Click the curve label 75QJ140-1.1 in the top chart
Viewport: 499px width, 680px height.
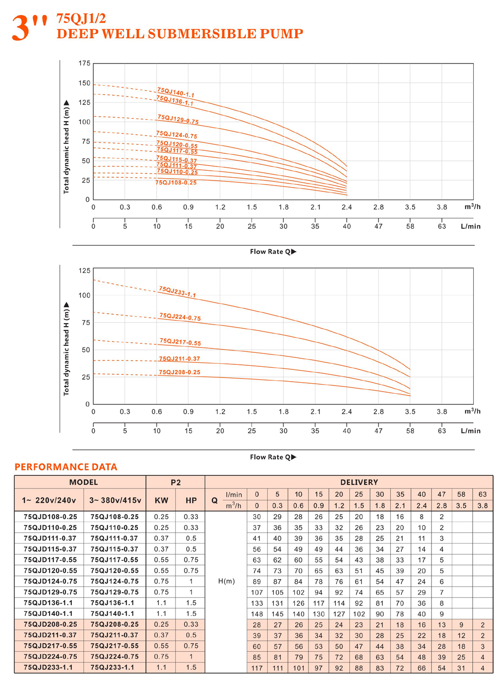click(x=176, y=93)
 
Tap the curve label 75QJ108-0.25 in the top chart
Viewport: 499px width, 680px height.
click(x=176, y=183)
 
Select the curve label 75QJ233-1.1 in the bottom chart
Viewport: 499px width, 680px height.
click(x=177, y=292)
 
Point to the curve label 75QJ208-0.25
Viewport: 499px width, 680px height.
click(x=180, y=372)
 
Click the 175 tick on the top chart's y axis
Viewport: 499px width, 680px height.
click(x=84, y=64)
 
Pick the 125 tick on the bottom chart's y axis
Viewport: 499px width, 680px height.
click(x=84, y=271)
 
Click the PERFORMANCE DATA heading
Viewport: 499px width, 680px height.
click(x=66, y=467)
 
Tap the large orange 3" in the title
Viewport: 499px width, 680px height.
click(x=29, y=28)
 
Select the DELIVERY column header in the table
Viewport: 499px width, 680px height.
click(x=359, y=482)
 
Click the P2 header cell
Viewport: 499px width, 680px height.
click(x=176, y=482)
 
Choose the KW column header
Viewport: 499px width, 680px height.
click(x=161, y=500)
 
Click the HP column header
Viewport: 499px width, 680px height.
click(x=191, y=500)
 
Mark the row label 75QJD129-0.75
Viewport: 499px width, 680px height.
click(x=50, y=592)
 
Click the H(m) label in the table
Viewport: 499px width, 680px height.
click(x=226, y=581)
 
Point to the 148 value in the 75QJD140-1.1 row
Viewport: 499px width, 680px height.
click(x=256, y=614)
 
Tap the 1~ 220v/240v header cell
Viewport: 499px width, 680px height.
click(x=49, y=500)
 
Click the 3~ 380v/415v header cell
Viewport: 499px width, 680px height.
click(x=115, y=500)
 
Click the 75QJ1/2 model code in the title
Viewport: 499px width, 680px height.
click(x=81, y=18)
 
